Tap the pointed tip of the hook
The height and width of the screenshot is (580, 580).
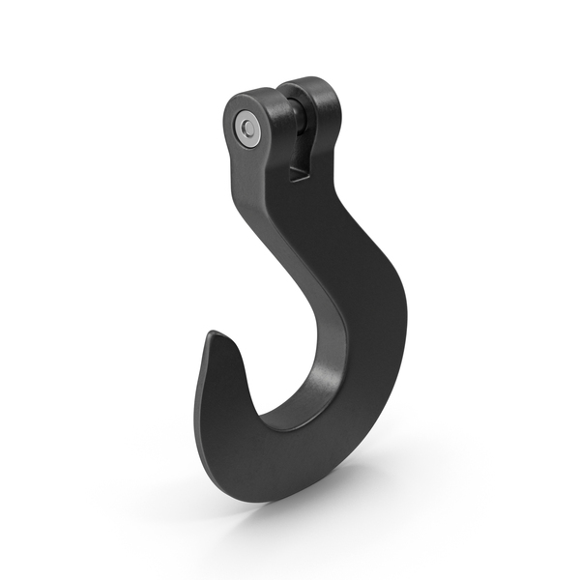pyautogui.click(x=210, y=334)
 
